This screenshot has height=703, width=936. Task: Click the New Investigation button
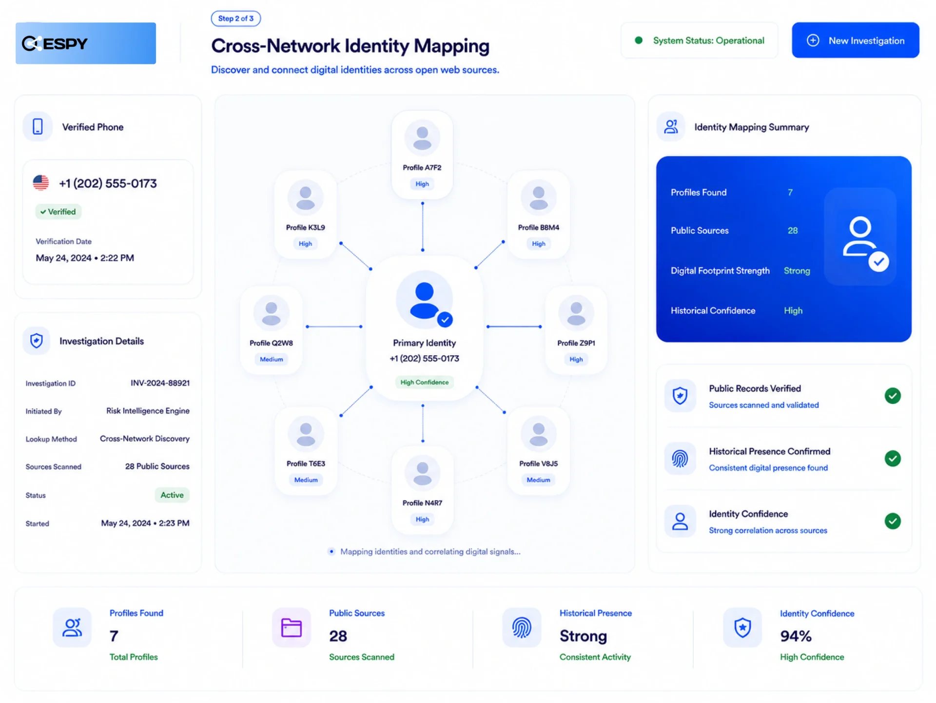pyautogui.click(x=855, y=40)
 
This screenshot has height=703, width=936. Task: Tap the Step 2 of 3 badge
pyautogui.click(x=236, y=19)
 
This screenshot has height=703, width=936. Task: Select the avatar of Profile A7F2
pyautogui.click(x=422, y=138)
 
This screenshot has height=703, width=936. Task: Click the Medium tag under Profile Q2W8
pyautogui.click(x=272, y=359)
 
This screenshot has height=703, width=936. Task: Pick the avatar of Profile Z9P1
pyautogui.click(x=576, y=313)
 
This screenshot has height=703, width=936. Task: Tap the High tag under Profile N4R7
pyautogui.click(x=423, y=519)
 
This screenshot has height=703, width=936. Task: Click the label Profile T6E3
pyautogui.click(x=306, y=463)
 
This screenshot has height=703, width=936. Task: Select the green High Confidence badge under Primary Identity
pyautogui.click(x=425, y=382)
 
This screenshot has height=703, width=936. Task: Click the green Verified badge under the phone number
pyautogui.click(x=58, y=212)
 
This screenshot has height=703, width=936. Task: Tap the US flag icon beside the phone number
pyautogui.click(x=41, y=183)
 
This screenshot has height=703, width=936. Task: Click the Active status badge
pyautogui.click(x=172, y=495)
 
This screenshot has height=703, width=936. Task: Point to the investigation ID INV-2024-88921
pyautogui.click(x=160, y=383)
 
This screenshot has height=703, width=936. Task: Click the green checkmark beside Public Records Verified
pyautogui.click(x=893, y=396)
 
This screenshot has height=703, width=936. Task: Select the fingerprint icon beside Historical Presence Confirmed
pyautogui.click(x=680, y=459)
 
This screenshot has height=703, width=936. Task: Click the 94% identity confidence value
pyautogui.click(x=796, y=636)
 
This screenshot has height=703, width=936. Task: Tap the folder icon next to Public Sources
pyautogui.click(x=292, y=627)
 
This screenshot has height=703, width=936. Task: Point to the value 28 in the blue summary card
pyautogui.click(x=793, y=230)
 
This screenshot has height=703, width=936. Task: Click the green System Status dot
pyautogui.click(x=639, y=40)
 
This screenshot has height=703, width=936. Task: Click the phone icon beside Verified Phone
pyautogui.click(x=38, y=126)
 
